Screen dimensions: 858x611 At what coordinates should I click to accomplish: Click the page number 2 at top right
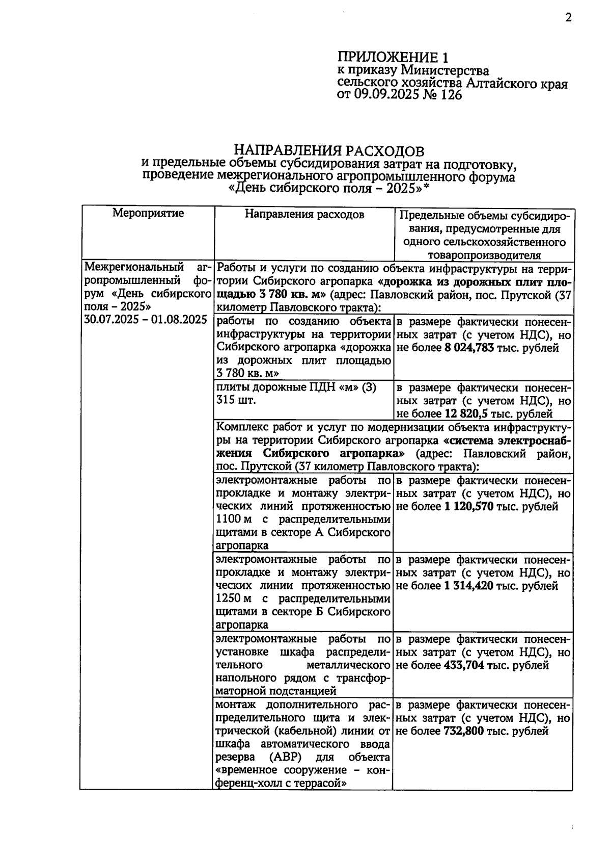pyautogui.click(x=568, y=18)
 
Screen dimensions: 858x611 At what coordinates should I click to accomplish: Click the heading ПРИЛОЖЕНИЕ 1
pyautogui.click(x=395, y=57)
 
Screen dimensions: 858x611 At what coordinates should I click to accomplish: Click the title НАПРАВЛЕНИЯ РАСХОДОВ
pyautogui.click(x=328, y=151)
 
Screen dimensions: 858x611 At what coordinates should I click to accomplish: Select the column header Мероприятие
pyautogui.click(x=148, y=213)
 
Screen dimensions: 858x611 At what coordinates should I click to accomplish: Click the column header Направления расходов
pyautogui.click(x=304, y=214)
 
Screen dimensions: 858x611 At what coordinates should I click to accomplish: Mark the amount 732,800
pyautogui.click(x=464, y=732)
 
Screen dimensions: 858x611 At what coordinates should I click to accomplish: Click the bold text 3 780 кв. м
pyautogui.click(x=286, y=295)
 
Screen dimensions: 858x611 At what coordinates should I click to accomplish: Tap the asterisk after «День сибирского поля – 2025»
pyautogui.click(x=427, y=187)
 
